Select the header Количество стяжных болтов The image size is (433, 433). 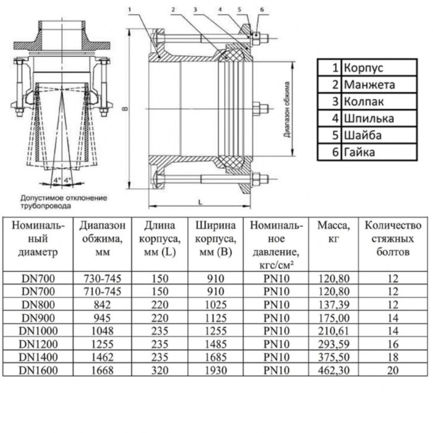click(393, 239)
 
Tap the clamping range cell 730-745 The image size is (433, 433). click(101, 279)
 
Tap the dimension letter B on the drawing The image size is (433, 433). click(124, 109)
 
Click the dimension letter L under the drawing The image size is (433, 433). click(201, 202)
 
